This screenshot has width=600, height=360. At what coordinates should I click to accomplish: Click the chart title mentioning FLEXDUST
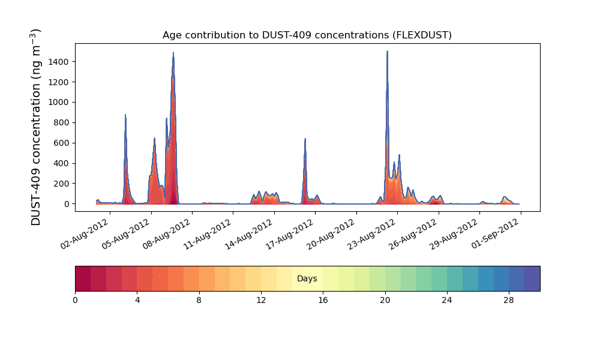click(x=307, y=35)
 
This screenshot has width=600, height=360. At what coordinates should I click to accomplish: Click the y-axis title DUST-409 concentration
click(x=35, y=127)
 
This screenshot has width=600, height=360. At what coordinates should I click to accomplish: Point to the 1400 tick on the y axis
click(x=59, y=62)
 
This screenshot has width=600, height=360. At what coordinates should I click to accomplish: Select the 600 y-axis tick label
click(x=61, y=143)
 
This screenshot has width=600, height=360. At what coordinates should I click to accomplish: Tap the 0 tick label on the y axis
click(x=67, y=204)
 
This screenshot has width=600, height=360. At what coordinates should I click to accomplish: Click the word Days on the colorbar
click(x=307, y=278)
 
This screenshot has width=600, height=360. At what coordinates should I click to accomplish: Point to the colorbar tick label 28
click(x=509, y=301)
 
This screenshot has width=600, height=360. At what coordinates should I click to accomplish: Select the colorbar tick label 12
click(x=261, y=301)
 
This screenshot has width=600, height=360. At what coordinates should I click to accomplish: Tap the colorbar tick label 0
click(x=75, y=301)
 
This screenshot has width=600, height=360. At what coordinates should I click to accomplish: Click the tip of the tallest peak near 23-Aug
click(x=387, y=51)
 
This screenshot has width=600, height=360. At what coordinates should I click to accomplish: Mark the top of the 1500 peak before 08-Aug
click(x=173, y=53)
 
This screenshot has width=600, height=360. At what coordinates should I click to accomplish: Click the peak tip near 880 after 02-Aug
click(x=125, y=115)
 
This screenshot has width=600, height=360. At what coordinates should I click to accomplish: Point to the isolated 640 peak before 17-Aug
click(x=305, y=139)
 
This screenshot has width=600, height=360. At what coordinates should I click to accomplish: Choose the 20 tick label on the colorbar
click(x=385, y=301)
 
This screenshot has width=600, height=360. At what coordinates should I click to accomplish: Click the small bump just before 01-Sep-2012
click(x=505, y=197)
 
